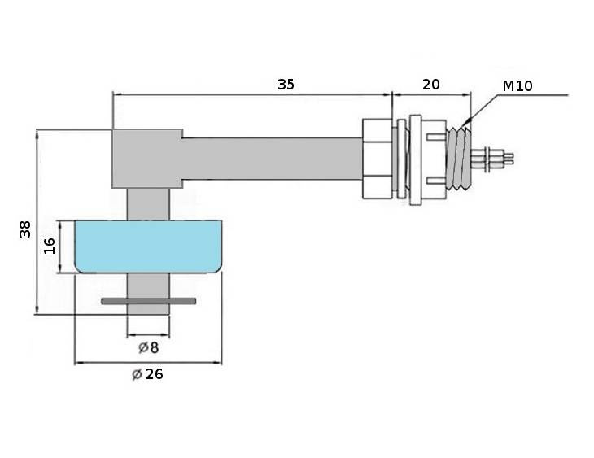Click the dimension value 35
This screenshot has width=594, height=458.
tap(286, 84)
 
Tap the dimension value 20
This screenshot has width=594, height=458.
tap(431, 85)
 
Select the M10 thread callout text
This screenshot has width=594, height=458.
tap(518, 86)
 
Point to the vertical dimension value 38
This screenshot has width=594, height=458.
tap(25, 229)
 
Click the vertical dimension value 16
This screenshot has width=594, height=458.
tap(50, 246)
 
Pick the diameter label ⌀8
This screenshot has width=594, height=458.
tap(148, 347)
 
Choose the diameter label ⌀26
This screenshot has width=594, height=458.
tap(147, 374)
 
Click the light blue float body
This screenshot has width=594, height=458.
tap(148, 246)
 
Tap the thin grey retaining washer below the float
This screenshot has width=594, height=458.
tap(148, 301)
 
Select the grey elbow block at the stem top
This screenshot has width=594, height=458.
tap(147, 159)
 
